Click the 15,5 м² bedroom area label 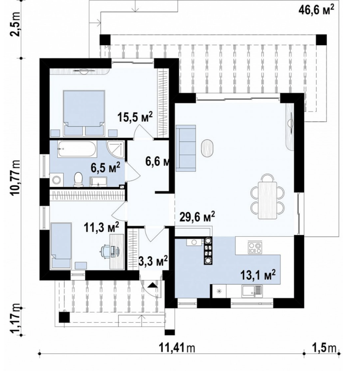tap(135, 117)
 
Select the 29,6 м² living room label tap(197, 217)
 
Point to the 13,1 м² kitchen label tap(258, 275)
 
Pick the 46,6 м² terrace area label tap(316, 10)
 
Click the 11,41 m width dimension tap(177, 348)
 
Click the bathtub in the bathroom tap(78, 149)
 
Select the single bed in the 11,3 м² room tap(61, 246)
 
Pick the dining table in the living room tap(268, 200)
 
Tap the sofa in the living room tap(186, 148)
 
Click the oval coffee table tap(207, 148)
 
